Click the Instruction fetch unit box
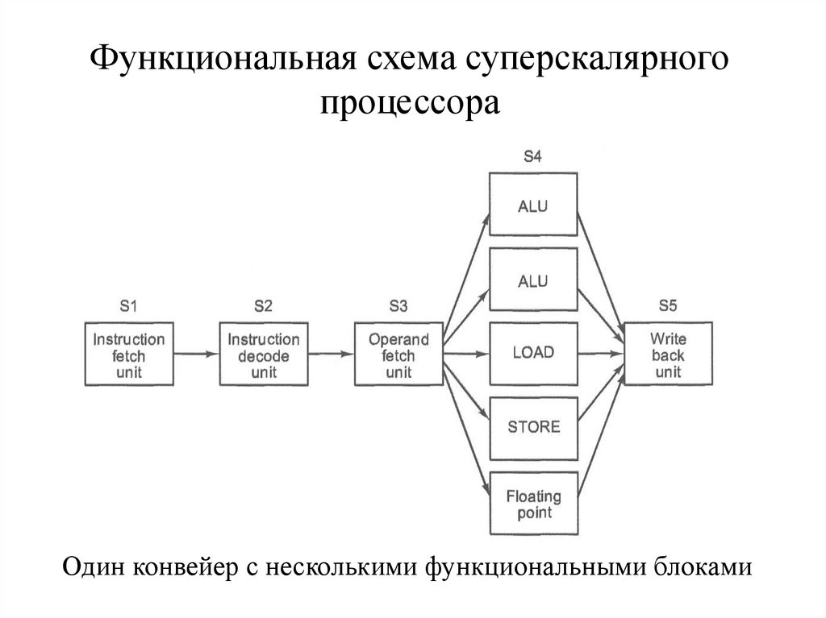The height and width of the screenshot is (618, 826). [x=128, y=353]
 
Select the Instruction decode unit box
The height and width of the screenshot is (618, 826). [x=263, y=353]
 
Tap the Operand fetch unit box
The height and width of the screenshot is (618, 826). [x=398, y=353]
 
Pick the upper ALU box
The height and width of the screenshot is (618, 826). [x=533, y=205]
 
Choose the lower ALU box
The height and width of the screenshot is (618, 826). [x=533, y=280]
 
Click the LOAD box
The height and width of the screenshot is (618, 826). [x=533, y=353]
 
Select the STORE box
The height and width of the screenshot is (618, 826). [x=533, y=426]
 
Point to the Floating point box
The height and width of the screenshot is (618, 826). [x=533, y=504]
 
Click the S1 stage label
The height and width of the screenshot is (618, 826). [x=128, y=305]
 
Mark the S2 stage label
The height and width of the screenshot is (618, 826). [x=263, y=305]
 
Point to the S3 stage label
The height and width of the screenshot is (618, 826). [x=398, y=305]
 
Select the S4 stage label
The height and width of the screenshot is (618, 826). [x=532, y=156]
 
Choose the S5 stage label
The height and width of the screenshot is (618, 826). [x=668, y=305]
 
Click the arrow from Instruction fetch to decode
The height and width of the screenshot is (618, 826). [x=196, y=353]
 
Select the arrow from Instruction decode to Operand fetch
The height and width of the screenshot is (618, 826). [x=331, y=353]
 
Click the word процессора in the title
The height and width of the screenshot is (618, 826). [x=412, y=103]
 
